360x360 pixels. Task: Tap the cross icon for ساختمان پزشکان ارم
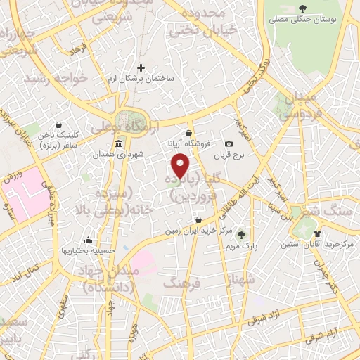(x=141, y=68)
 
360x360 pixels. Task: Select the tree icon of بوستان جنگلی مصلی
(x=302, y=8)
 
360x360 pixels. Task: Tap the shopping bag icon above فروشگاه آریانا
(x=188, y=133)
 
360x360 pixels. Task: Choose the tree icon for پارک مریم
(x=241, y=235)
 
